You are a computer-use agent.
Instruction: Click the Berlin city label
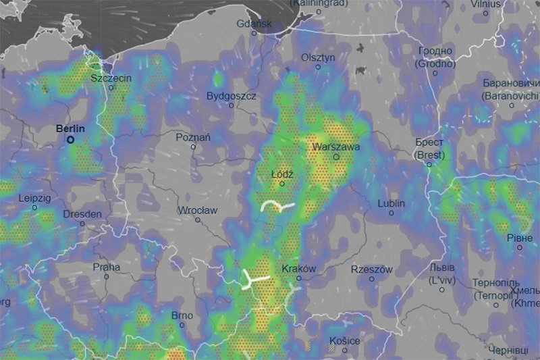coord(71,128)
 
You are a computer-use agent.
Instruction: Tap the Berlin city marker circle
coord(71,140)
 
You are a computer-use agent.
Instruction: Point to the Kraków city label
coord(298,268)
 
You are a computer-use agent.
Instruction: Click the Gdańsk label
coord(254,24)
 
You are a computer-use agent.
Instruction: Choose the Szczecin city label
coord(111,78)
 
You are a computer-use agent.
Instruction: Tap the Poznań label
coord(193,137)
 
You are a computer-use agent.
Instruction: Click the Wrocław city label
coord(198,211)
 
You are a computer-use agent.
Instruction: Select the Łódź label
coord(283,174)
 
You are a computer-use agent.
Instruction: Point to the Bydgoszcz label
coord(232,96)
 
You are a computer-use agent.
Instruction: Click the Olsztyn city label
coord(318,57)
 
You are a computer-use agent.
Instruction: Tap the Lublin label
coord(391,203)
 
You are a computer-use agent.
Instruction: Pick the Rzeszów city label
coord(371,269)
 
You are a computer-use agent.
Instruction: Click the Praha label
coord(106,267)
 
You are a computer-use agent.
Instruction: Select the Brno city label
coord(182,315)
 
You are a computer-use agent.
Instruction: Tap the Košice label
coord(344,341)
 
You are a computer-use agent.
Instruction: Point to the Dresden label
coord(82,214)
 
